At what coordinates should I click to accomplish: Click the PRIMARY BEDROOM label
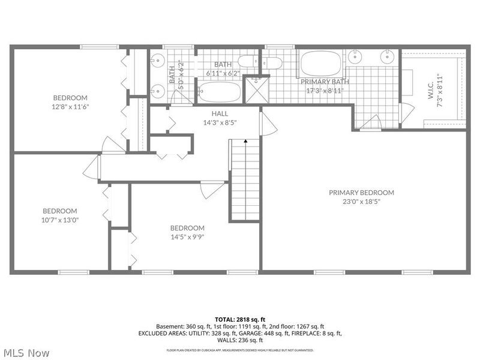tap(361, 193)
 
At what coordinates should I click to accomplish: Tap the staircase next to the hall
tap(244, 180)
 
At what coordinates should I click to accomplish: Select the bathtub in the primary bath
tap(320, 63)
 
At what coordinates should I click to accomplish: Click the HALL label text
tap(219, 113)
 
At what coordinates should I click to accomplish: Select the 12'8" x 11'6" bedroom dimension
tap(70, 107)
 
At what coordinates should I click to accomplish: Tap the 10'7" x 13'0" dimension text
tap(59, 220)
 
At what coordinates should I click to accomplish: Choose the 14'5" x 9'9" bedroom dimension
tap(187, 237)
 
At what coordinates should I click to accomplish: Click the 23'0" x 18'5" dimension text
tap(361, 202)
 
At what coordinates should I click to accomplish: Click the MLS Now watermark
tap(26, 353)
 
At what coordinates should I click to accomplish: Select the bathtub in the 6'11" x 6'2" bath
tap(220, 93)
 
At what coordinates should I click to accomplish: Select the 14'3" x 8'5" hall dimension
tap(219, 122)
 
